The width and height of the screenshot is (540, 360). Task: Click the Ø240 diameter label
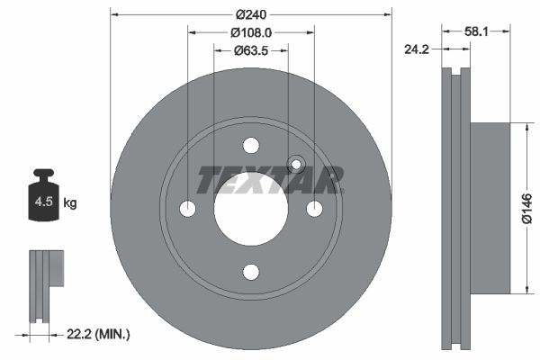click(251, 13)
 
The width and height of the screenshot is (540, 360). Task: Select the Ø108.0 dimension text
click(251, 31)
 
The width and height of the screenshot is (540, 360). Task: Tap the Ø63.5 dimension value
click(251, 49)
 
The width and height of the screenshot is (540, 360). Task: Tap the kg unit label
click(70, 203)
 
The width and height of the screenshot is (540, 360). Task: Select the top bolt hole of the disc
click(251, 146)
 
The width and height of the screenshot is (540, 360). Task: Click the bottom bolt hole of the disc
click(251, 272)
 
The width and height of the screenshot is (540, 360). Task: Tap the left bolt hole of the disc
click(188, 209)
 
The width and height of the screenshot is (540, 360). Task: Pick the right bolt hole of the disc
click(314, 209)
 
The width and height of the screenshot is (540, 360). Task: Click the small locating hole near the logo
click(296, 165)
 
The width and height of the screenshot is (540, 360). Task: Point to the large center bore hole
click(251, 209)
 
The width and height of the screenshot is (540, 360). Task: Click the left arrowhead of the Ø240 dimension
click(113, 13)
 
